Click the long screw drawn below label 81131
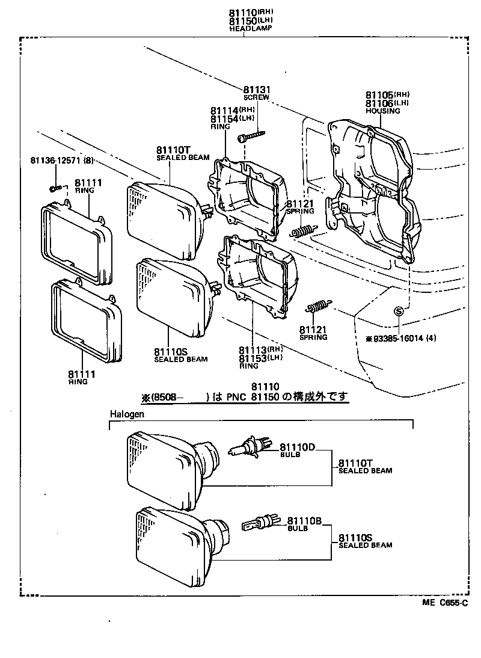252,137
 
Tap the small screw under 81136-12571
55,189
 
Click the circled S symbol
398,311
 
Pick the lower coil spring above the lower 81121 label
319,307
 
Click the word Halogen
127,414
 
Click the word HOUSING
383,111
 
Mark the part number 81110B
305,521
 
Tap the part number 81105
379,95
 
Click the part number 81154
224,118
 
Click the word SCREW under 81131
256,96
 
